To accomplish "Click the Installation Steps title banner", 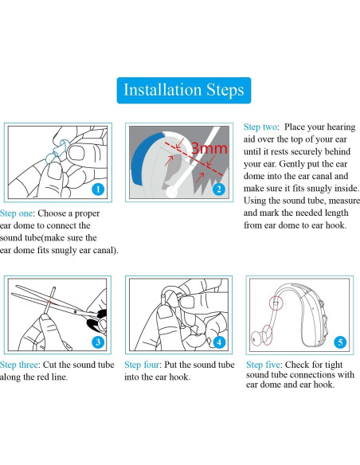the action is pos(184,91).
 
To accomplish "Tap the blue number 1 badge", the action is pos(98,190).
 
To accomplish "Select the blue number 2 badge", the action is pos(219,190).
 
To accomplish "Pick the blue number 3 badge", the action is pos(98,342).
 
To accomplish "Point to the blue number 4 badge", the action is pos(219,342).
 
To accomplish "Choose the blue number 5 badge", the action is pos(340,342).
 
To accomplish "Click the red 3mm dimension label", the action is pos(209,148).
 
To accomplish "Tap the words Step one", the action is pos(16,213).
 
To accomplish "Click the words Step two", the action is pos(260,127).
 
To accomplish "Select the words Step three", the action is pos(19,365).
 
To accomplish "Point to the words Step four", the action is pos(142,365).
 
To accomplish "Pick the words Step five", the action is pos(264,365).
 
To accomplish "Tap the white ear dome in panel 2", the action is pos(171,192).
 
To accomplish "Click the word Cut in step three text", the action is pos(49,365).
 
